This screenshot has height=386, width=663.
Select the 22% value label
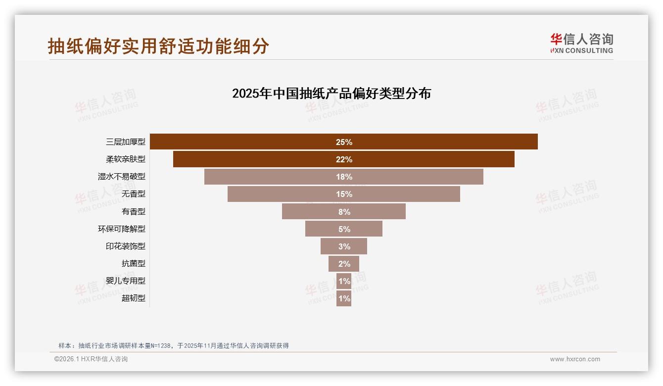pyautogui.click(x=344, y=159)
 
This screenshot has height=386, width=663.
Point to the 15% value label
pyautogui.click(x=344, y=194)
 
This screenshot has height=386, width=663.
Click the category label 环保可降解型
pyautogui.click(x=122, y=229)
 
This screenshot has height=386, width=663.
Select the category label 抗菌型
pyautogui.click(x=134, y=264)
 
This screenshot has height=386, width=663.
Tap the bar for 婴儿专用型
pyautogui.click(x=344, y=281)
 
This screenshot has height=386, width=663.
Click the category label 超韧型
pyautogui.click(x=134, y=298)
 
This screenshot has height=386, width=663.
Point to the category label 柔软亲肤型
pyautogui.click(x=126, y=159)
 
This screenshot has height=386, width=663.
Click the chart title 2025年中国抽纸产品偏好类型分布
pyautogui.click(x=331, y=94)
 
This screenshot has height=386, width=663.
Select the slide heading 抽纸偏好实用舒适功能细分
pyautogui.click(x=158, y=46)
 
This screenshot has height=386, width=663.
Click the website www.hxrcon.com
pyautogui.click(x=575, y=359)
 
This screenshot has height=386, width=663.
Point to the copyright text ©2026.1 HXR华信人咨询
pyautogui.click(x=91, y=359)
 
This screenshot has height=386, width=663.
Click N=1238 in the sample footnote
pyautogui.click(x=160, y=346)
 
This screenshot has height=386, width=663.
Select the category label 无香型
pyautogui.click(x=134, y=194)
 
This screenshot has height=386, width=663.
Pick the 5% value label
pyautogui.click(x=344, y=229)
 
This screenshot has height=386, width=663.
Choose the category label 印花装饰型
pyautogui.click(x=126, y=246)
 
